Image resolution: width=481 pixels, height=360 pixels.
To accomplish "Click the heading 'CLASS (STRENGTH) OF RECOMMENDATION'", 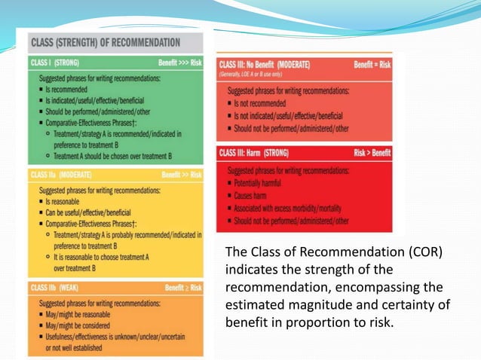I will (104, 42).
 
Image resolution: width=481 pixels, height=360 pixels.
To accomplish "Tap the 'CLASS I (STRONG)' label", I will (55, 63).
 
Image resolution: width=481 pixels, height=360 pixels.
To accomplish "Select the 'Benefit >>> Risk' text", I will (179, 63).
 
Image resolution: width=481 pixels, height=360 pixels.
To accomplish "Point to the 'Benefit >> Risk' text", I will (181, 175).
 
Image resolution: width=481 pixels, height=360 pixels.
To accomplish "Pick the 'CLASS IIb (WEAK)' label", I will (57, 287).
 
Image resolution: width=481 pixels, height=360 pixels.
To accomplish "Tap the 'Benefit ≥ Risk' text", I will (183, 287).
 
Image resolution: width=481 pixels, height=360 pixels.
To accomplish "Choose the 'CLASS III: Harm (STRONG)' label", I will (259, 153).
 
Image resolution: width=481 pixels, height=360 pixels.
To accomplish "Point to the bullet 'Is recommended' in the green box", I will (69, 89).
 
